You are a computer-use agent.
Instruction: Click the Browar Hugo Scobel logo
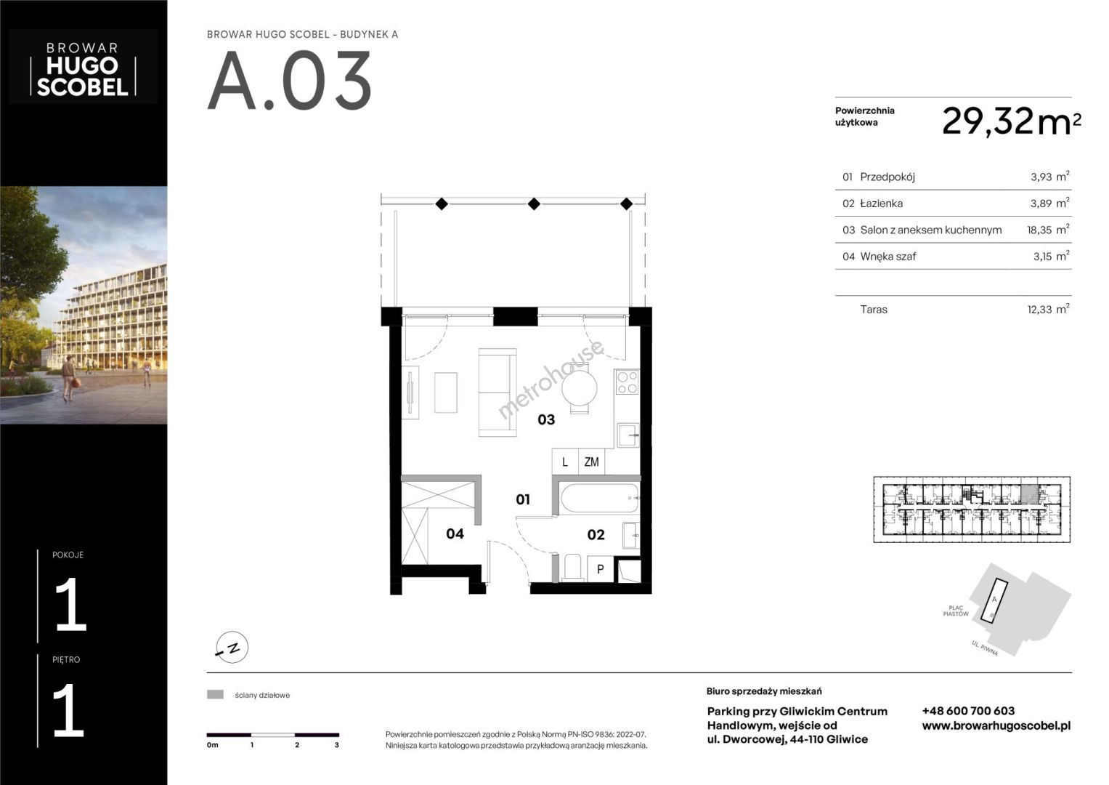click(x=83, y=70)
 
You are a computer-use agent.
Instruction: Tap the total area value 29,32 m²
click(x=1011, y=122)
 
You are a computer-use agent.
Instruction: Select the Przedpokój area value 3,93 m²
click(x=1049, y=177)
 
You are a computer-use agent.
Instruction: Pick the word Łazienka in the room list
click(x=881, y=204)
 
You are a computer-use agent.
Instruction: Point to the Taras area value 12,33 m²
click(x=1048, y=309)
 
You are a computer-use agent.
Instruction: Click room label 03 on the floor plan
click(x=546, y=420)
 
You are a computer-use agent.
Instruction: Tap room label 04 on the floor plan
click(x=455, y=534)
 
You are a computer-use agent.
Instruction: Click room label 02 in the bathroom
click(x=596, y=535)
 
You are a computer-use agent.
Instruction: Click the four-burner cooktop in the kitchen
click(x=627, y=382)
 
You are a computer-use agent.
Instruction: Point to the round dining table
click(x=580, y=388)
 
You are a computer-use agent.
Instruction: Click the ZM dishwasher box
click(x=591, y=462)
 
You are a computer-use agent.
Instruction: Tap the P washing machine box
click(x=601, y=569)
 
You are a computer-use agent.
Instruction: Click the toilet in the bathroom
click(x=573, y=567)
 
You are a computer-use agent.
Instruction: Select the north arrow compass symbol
click(x=232, y=647)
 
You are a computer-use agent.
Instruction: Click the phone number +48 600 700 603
click(x=968, y=711)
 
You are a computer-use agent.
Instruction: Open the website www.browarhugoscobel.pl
click(x=996, y=726)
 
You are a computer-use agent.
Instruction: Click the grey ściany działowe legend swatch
click(x=216, y=694)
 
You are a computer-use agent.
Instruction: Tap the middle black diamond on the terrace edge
click(x=534, y=204)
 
